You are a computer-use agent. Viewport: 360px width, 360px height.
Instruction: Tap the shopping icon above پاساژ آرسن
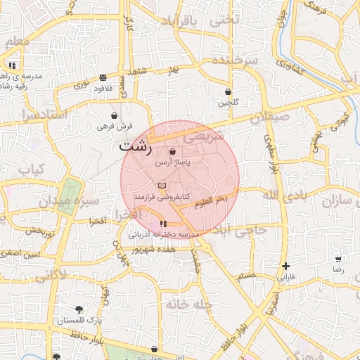click(x=173, y=152)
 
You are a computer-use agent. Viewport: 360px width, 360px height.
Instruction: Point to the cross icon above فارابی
click(x=285, y=266)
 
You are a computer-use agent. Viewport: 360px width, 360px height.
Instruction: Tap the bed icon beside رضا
click(x=338, y=259)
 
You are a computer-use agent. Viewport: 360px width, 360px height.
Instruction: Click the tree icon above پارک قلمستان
click(x=79, y=309)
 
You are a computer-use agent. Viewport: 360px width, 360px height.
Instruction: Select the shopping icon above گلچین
click(x=229, y=92)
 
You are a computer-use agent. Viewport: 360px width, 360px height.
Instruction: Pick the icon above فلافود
click(x=103, y=77)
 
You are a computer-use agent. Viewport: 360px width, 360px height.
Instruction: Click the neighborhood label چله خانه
click(x=189, y=304)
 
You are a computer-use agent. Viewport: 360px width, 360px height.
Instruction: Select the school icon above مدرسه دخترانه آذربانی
click(x=153, y=224)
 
